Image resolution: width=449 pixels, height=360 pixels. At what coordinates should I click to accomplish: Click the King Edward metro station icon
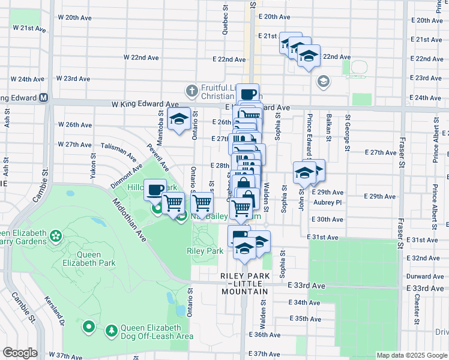[x=44, y=98]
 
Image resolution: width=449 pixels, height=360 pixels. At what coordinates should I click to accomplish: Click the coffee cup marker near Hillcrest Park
[x=155, y=190]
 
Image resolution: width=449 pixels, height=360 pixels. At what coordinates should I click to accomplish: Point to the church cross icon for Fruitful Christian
[x=191, y=91]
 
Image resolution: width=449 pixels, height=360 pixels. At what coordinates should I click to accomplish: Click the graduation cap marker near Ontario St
[x=179, y=119]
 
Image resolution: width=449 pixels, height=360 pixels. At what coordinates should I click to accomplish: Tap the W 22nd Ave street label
[x=141, y=58]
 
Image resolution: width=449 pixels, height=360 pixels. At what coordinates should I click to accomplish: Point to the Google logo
[x=20, y=352]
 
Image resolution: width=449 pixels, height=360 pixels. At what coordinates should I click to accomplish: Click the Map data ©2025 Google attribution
[x=412, y=355]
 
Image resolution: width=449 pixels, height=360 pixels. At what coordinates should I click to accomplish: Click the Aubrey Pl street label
[x=328, y=203]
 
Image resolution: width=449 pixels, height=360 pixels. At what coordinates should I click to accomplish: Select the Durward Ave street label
[x=424, y=277]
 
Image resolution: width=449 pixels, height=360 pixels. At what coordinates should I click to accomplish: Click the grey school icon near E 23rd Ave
[x=324, y=81]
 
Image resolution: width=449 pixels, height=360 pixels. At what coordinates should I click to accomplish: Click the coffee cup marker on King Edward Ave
[x=248, y=94]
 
